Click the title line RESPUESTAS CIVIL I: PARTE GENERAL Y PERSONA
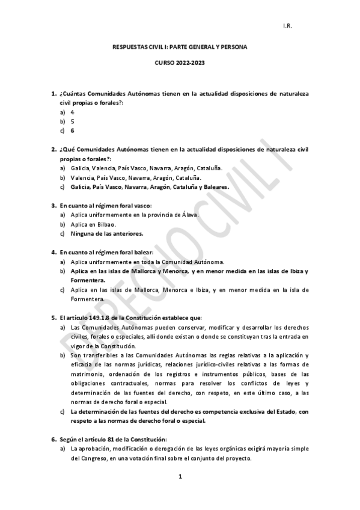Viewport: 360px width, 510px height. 180,46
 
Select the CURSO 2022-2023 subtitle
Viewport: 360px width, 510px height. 180,63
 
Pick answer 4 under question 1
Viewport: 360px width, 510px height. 72,112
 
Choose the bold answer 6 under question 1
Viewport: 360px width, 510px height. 72,131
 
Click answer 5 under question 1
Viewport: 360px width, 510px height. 72,121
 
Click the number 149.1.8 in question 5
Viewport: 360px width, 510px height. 99,318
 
